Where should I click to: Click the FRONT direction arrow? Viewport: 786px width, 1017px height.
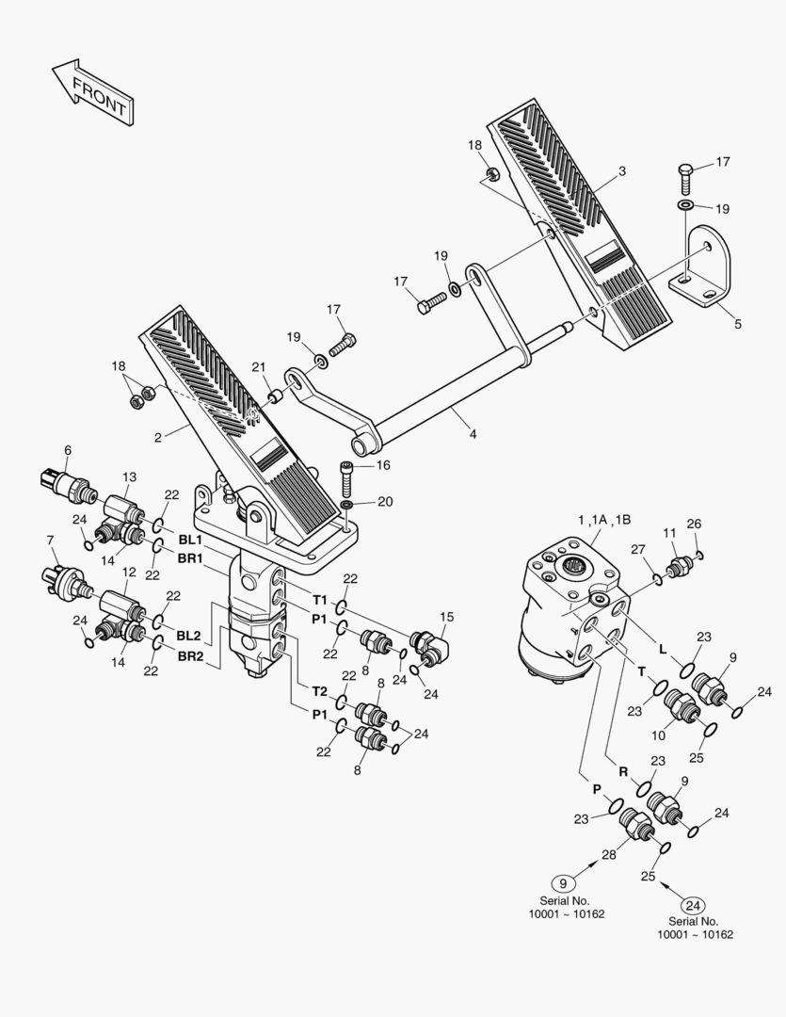click(x=91, y=90)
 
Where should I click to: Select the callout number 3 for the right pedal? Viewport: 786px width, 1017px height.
click(x=621, y=171)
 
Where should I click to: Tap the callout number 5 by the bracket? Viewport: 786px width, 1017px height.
click(x=737, y=323)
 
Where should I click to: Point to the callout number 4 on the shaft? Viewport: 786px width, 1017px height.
click(x=473, y=434)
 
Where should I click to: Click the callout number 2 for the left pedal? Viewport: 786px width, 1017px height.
click(x=157, y=436)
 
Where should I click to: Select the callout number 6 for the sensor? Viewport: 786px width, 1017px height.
click(x=67, y=451)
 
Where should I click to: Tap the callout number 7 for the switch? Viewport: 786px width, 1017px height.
click(x=49, y=540)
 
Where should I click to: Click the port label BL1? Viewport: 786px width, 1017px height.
click(x=189, y=540)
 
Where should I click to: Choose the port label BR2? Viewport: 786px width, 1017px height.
click(x=189, y=654)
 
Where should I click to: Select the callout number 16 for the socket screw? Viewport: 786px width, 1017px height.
click(x=383, y=465)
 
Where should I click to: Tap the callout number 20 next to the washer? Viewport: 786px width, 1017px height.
click(x=384, y=502)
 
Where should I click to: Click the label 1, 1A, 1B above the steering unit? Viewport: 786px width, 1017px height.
click(x=604, y=520)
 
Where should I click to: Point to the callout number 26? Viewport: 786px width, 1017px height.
click(x=694, y=524)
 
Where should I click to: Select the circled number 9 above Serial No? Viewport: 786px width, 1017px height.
click(x=563, y=882)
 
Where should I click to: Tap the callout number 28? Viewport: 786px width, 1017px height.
click(x=608, y=854)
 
